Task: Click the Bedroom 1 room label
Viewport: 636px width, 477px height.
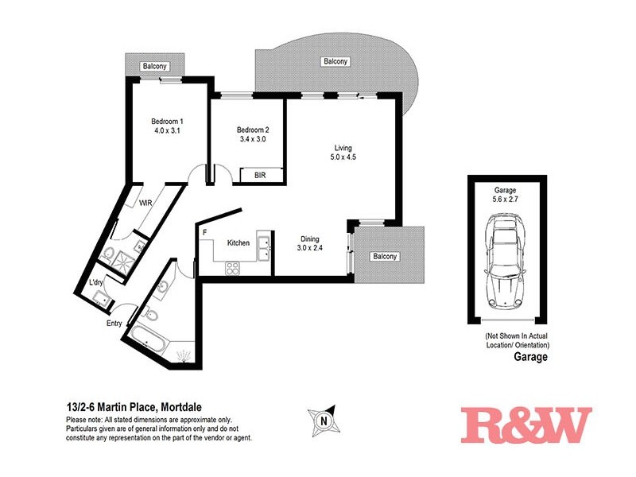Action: (x=167, y=122)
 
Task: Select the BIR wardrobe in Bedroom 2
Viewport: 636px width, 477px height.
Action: (x=259, y=175)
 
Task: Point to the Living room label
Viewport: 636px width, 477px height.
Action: (x=343, y=147)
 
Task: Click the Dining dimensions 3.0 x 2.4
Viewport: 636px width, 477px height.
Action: (x=311, y=247)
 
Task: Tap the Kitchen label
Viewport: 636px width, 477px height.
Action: (x=238, y=242)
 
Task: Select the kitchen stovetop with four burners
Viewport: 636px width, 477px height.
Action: (x=234, y=269)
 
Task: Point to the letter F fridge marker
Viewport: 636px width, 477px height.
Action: (x=204, y=232)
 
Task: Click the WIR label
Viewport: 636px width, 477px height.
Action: (x=145, y=204)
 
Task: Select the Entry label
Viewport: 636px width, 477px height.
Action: (x=115, y=324)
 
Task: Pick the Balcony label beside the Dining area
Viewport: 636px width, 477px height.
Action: (x=385, y=257)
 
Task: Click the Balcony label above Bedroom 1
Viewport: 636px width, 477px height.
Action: (x=154, y=67)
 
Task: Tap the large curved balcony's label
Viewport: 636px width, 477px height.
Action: (x=335, y=61)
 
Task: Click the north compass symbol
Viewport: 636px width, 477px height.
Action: (x=323, y=419)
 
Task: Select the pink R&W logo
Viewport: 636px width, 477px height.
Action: (x=527, y=425)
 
